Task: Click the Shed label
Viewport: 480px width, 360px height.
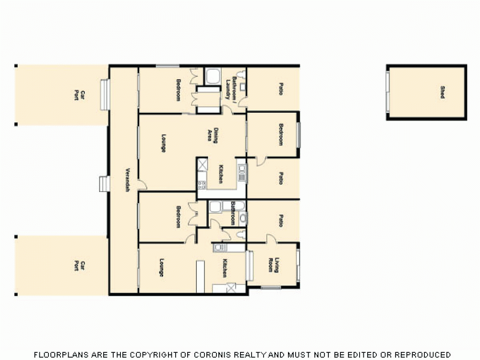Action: pos(442,92)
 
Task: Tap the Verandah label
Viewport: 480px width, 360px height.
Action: pos(128,180)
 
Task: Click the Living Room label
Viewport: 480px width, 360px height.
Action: pos(273,265)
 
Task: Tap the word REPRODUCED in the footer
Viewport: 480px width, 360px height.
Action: pos(422,355)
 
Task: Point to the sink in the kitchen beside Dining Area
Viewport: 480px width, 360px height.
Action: pos(241,168)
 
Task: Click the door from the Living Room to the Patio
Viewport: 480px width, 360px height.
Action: pos(272,239)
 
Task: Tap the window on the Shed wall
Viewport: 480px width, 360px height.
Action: pos(387,92)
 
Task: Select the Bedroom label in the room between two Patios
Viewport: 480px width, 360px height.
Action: pos(280,134)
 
